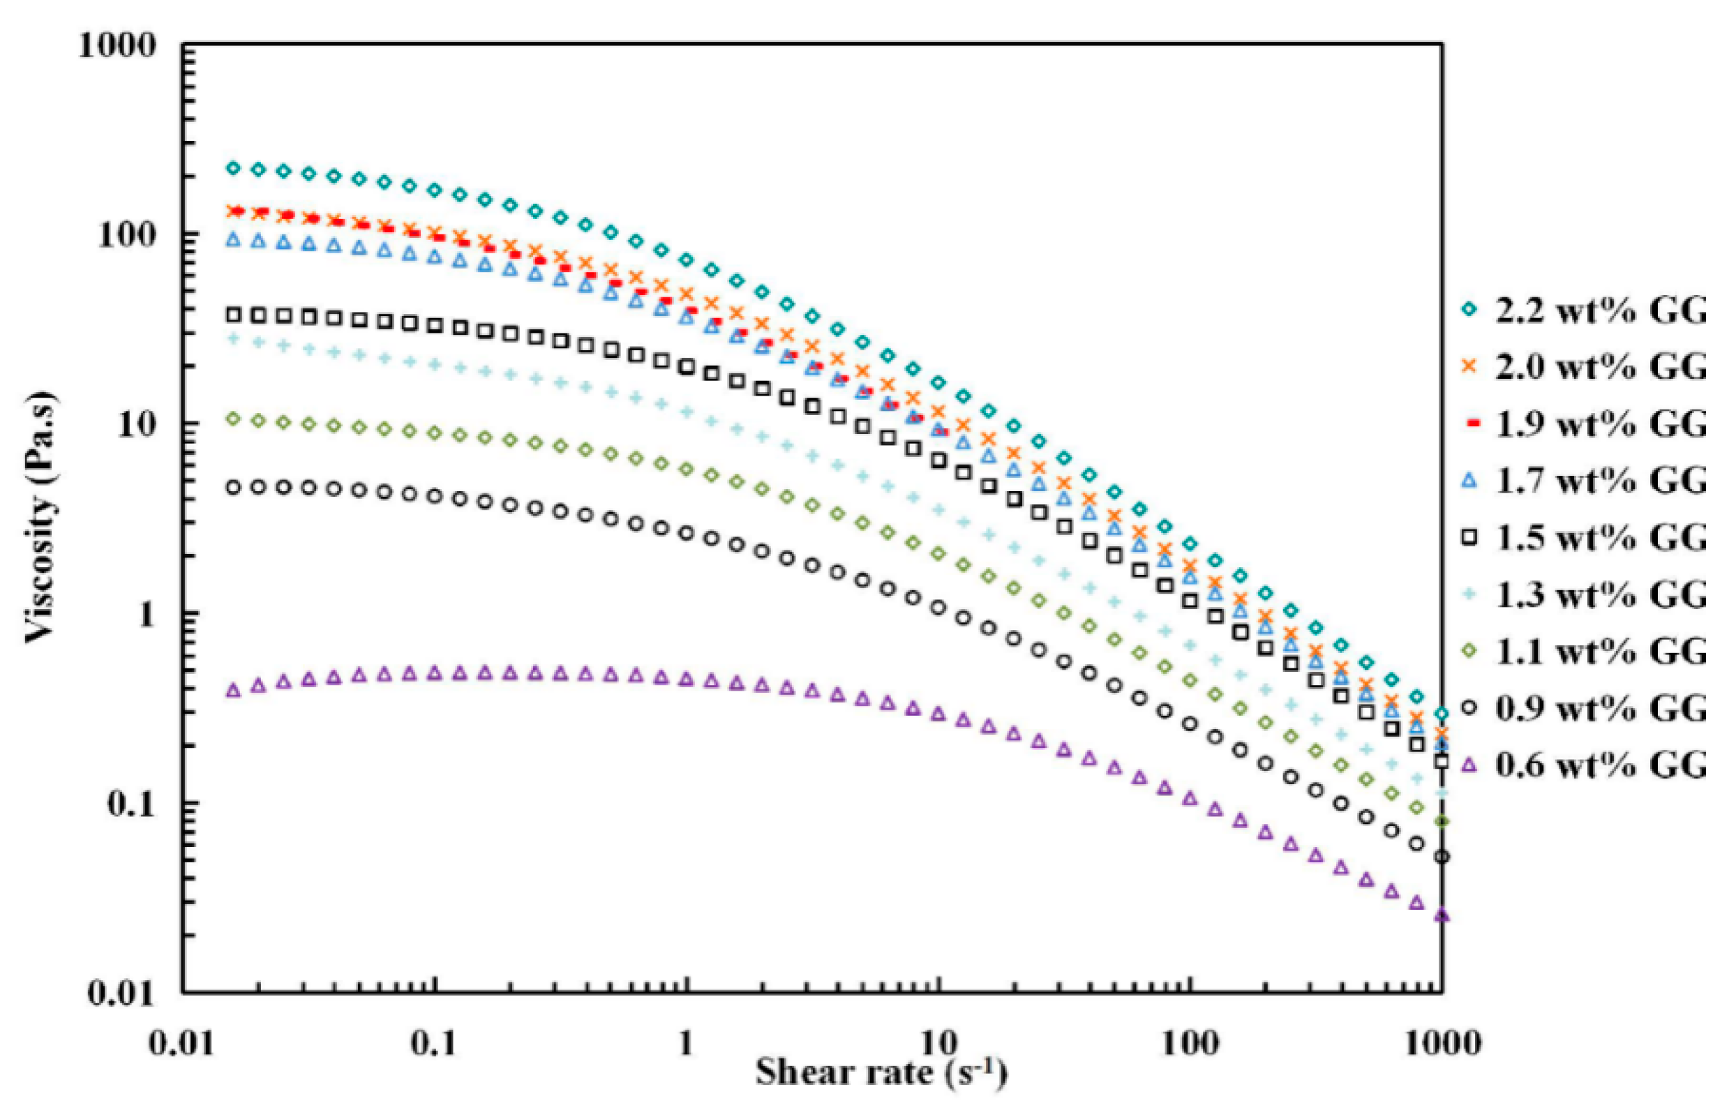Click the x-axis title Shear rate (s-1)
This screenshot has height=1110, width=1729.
coord(881,1072)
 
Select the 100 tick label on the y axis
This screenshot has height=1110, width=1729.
coord(127,236)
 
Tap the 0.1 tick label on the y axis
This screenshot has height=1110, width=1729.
coord(131,804)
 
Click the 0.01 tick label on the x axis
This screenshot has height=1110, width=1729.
coord(182,1044)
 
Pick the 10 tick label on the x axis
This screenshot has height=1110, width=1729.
coord(938,1044)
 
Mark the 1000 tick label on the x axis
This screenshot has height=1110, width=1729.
coord(1441,1044)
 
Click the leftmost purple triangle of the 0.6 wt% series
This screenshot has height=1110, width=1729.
coord(233,691)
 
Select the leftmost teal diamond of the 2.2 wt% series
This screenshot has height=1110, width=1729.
coord(233,168)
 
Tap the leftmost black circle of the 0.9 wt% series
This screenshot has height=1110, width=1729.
coord(233,488)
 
